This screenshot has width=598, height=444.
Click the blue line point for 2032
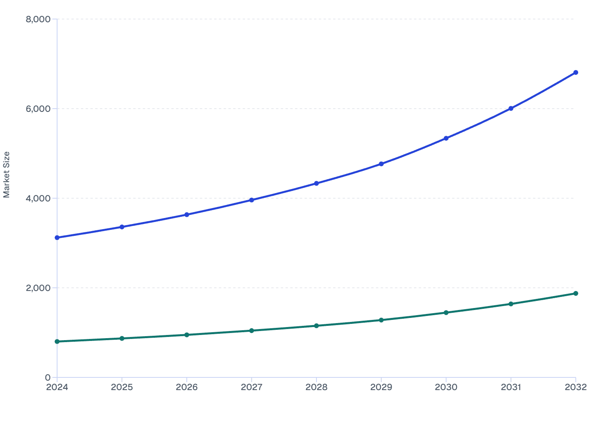[575, 73]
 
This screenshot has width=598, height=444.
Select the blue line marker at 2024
[57, 237]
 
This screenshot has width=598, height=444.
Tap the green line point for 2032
[575, 293]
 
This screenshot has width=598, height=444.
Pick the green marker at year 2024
[57, 341]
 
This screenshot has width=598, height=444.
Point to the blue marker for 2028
[316, 184]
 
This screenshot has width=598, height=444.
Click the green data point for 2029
[381, 320]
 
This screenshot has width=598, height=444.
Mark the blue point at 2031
[511, 108]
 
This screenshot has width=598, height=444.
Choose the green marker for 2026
[187, 335]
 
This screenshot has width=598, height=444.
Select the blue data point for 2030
[446, 138]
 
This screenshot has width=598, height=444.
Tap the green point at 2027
[251, 331]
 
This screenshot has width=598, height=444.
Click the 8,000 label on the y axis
[38, 19]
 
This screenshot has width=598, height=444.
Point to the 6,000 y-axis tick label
[38, 109]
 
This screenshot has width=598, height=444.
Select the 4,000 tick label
[38, 198]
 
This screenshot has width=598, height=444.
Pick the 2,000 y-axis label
[38, 288]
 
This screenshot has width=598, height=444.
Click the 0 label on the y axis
[48, 377]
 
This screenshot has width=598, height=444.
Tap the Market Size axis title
[6, 174]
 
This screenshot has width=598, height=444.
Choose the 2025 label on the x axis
[122, 387]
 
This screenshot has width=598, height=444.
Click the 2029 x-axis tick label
[381, 387]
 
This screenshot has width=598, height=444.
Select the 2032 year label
[575, 387]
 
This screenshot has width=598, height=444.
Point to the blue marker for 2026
[187, 214]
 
